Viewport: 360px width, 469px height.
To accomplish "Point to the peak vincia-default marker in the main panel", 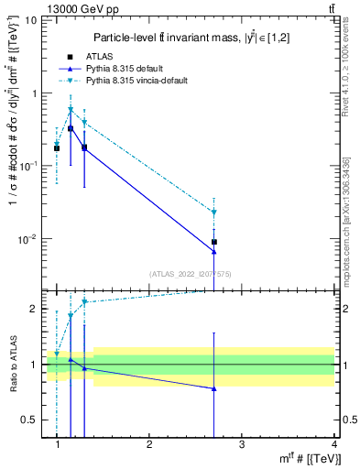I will [x=71, y=110].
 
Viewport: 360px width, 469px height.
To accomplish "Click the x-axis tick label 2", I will [x=149, y=444].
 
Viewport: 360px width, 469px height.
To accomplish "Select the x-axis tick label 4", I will [x=333, y=444].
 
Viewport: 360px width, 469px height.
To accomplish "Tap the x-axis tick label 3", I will [x=242, y=444].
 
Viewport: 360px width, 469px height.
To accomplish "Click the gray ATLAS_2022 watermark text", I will [x=190, y=273].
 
